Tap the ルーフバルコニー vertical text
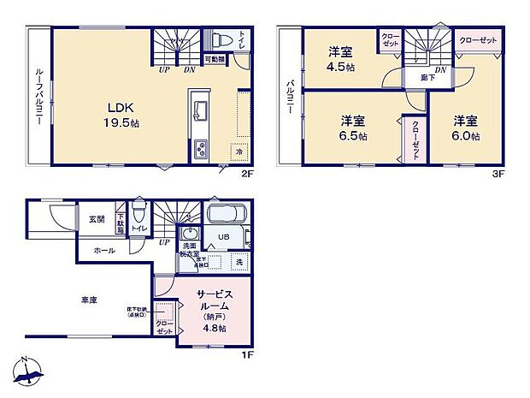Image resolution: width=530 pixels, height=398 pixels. [39, 97]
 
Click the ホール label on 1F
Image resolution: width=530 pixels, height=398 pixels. [104, 251]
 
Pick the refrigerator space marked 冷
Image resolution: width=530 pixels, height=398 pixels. [238, 151]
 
